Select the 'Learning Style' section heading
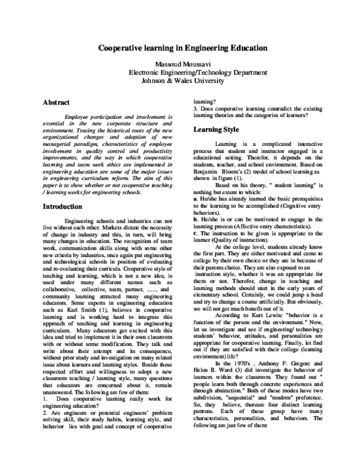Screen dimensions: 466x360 [x=218, y=129]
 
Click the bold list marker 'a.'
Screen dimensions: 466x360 [x=196, y=197]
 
